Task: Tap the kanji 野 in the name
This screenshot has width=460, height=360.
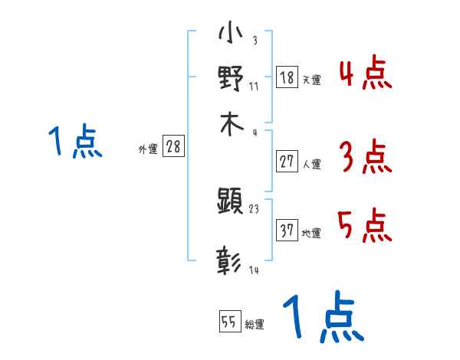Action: coord(231,80)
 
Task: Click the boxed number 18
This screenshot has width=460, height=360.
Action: coord(287,77)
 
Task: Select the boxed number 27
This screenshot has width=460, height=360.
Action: coord(287,161)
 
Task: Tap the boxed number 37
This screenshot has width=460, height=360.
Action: coord(287,231)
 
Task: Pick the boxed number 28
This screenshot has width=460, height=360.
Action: coord(173,147)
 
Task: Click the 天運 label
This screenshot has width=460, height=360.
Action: coord(311,80)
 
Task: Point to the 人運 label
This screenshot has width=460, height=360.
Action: coord(311,164)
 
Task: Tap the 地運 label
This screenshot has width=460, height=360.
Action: coord(311,234)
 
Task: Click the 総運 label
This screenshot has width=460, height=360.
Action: coord(255,325)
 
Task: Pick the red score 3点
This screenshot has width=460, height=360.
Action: coord(365,158)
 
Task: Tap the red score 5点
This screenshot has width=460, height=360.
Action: coord(365,227)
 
